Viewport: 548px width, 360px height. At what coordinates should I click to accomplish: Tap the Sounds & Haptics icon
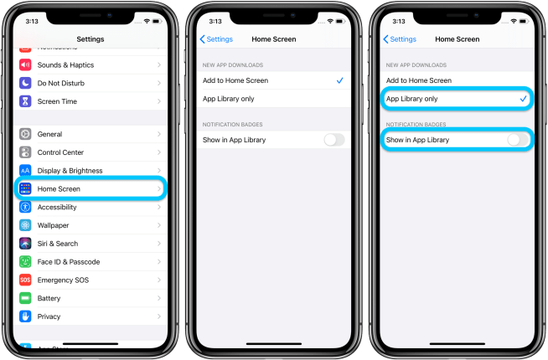pyautogui.click(x=25, y=64)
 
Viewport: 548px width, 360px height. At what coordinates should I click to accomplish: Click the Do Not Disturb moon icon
pyautogui.click(x=25, y=83)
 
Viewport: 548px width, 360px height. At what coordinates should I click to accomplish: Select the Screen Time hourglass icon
pyautogui.click(x=25, y=101)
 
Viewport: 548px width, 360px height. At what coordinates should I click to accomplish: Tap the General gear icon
pyautogui.click(x=25, y=134)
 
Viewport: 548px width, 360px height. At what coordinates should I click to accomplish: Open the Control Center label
pyautogui.click(x=60, y=152)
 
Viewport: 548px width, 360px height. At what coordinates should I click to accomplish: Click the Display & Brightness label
pyautogui.click(x=70, y=171)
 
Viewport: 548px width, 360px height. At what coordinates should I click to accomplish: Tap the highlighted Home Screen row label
pyautogui.click(x=59, y=189)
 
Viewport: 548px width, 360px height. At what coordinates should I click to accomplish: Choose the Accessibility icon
pyautogui.click(x=25, y=207)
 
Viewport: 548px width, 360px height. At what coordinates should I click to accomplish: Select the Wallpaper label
pyautogui.click(x=53, y=225)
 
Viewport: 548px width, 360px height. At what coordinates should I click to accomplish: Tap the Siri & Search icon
pyautogui.click(x=25, y=244)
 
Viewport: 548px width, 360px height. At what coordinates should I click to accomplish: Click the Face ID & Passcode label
pyautogui.click(x=69, y=262)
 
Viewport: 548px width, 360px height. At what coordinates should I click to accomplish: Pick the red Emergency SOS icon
pyautogui.click(x=25, y=280)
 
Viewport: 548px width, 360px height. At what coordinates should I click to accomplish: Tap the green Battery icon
pyautogui.click(x=25, y=298)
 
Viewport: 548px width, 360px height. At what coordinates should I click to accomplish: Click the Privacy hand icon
pyautogui.click(x=25, y=316)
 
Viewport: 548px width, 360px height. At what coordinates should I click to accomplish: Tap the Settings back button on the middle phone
pyautogui.click(x=216, y=39)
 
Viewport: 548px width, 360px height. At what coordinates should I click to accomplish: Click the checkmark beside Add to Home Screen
pyautogui.click(x=339, y=80)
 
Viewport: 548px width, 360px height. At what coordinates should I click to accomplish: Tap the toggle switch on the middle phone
pyautogui.click(x=333, y=140)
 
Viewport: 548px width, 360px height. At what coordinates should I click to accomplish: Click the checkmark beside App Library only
pyautogui.click(x=523, y=99)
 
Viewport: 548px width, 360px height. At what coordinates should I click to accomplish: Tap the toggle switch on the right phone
pyautogui.click(x=518, y=140)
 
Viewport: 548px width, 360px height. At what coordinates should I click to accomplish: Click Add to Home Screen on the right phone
pyautogui.click(x=418, y=80)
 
